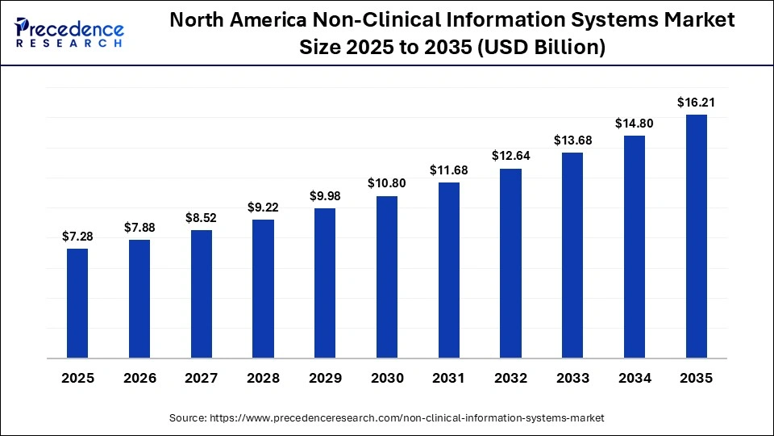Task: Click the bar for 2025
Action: click(77, 303)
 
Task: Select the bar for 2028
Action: click(263, 288)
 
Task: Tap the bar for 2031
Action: click(449, 270)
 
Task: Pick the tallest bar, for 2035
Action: click(697, 236)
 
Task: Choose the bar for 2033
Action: click(572, 254)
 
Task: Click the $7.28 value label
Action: click(77, 236)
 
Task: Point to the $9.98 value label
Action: click(325, 195)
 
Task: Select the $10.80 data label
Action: click(387, 183)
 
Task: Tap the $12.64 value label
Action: click(510, 155)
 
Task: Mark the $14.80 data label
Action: click(635, 123)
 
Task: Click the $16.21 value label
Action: click(697, 102)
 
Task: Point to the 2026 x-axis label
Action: click(139, 378)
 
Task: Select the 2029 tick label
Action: click(325, 378)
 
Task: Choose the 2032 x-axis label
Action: click(510, 378)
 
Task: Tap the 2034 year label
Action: click(635, 378)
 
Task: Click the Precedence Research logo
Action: click(69, 33)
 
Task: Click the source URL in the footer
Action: click(407, 417)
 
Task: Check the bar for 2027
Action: click(202, 294)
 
